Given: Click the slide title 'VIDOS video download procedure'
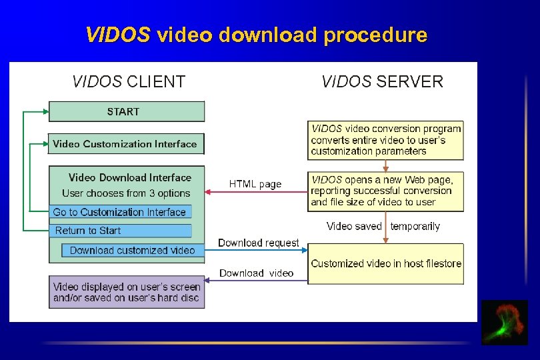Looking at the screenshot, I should pos(256,35).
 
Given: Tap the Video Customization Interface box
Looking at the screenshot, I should pos(126,143).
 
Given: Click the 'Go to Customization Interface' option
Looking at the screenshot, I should pos(120,212).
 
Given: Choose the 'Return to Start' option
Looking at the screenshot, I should pos(120,231).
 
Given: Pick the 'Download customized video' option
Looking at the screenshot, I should pos(133,250).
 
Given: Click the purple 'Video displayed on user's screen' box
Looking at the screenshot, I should pos(127,292).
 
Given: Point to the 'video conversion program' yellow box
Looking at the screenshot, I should pos(385,139).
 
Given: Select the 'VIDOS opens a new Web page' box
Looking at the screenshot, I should pos(385,191).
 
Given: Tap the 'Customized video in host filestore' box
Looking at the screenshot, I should pos(385,263).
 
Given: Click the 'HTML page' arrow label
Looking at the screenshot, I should pos(255,184).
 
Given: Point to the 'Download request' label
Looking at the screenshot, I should pos(259,243).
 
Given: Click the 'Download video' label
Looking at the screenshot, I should pos(256,273).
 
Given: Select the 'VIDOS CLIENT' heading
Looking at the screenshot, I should pos(129,82).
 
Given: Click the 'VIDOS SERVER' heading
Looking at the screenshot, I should pos(382,82).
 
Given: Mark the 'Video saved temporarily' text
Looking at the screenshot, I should pos(383,227).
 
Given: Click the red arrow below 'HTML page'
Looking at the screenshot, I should pos(256,193).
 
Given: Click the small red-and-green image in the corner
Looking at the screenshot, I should pos(505,323).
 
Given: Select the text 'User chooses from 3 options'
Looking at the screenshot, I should pos(126,193).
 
